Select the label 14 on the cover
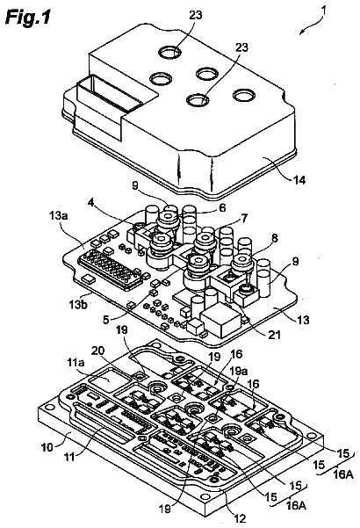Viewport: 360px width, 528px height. click(x=299, y=180)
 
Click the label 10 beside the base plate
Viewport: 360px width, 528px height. click(x=47, y=448)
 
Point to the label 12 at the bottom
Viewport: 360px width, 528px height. click(x=241, y=518)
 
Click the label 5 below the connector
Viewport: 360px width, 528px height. click(x=106, y=319)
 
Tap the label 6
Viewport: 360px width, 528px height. click(x=222, y=207)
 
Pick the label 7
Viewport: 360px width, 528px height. click(x=244, y=219)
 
